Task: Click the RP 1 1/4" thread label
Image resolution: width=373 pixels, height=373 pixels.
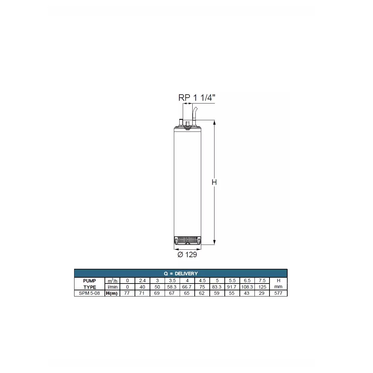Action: coord(197,98)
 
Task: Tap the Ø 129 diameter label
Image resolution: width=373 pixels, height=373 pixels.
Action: coord(187,254)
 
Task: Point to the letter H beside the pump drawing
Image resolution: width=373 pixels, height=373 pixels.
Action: coord(214,182)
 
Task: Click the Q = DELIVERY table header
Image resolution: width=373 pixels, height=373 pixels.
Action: coord(181,274)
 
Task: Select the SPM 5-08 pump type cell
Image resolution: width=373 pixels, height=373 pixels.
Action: coord(89,293)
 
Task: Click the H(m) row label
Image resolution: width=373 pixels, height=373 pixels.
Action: coord(112,293)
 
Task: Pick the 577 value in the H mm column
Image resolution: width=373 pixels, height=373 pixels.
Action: coord(278,293)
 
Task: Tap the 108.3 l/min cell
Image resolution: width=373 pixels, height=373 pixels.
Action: coord(247,287)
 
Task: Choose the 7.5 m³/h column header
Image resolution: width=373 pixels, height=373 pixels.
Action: coord(262,281)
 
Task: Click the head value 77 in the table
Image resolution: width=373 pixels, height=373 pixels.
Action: coord(127,293)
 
